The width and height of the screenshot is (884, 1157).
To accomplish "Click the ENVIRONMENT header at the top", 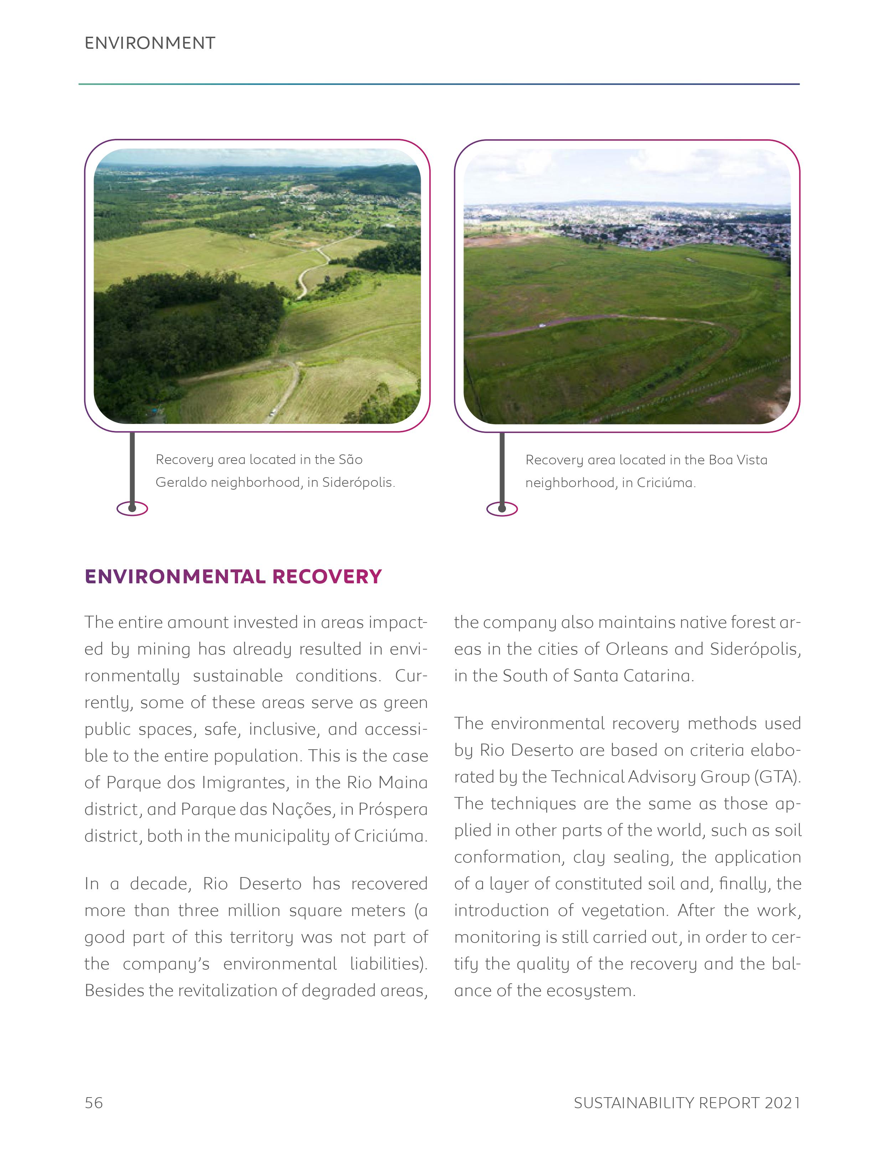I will [150, 43].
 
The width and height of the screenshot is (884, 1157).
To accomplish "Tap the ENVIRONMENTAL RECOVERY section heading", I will [233, 577].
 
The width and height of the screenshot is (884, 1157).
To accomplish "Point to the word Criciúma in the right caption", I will [665, 483].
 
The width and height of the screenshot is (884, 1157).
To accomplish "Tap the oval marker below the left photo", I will [132, 508].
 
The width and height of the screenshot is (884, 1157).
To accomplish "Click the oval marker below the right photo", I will [502, 509].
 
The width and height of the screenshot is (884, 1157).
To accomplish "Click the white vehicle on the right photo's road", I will [542, 325].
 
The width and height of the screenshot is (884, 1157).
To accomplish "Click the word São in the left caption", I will [351, 460].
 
